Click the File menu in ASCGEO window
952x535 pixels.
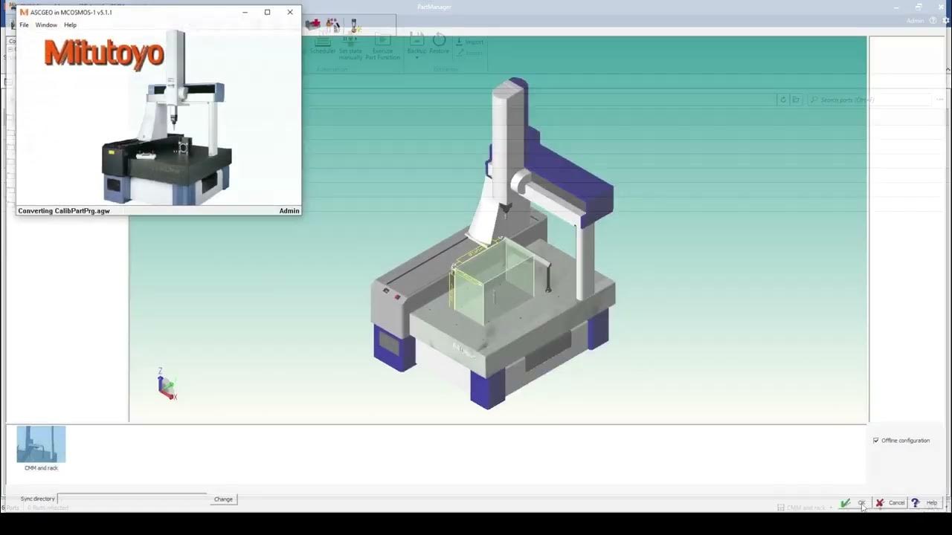[x=24, y=25]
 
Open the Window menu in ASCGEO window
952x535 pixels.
[x=46, y=25]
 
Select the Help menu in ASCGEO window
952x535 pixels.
[x=70, y=25]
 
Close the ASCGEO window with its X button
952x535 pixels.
[x=290, y=12]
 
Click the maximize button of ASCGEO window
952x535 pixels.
[x=267, y=12]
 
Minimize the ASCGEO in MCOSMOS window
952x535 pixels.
[x=245, y=12]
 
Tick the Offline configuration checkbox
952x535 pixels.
[x=876, y=441]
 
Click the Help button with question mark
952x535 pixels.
[x=924, y=503]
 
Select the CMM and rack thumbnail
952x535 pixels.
[x=41, y=445]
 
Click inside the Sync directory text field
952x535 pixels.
[x=132, y=499]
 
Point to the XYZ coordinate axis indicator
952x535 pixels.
[x=167, y=385]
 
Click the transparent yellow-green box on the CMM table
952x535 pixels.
[x=491, y=282]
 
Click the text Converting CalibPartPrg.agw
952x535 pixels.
[x=64, y=211]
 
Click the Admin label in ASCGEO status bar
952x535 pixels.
[x=289, y=211]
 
